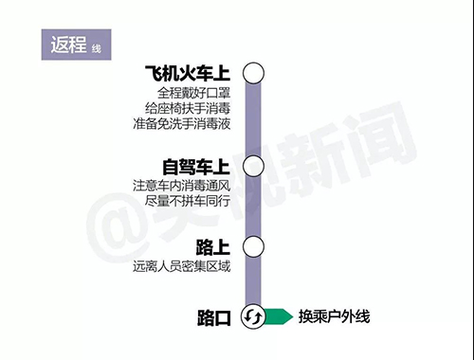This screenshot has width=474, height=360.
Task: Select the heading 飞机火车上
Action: pos(189,73)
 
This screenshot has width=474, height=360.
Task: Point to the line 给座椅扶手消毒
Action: pos(188,108)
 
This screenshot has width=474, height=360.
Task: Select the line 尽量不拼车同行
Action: pos(189,201)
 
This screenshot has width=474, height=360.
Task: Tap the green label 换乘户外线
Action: pos(334,316)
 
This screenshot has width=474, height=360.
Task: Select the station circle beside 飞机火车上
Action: pos(252,73)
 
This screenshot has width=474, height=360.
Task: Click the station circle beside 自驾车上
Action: pos(252,166)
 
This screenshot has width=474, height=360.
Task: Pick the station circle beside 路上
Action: pos(252,247)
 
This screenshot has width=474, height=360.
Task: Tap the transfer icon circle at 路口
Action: pos(252,316)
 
